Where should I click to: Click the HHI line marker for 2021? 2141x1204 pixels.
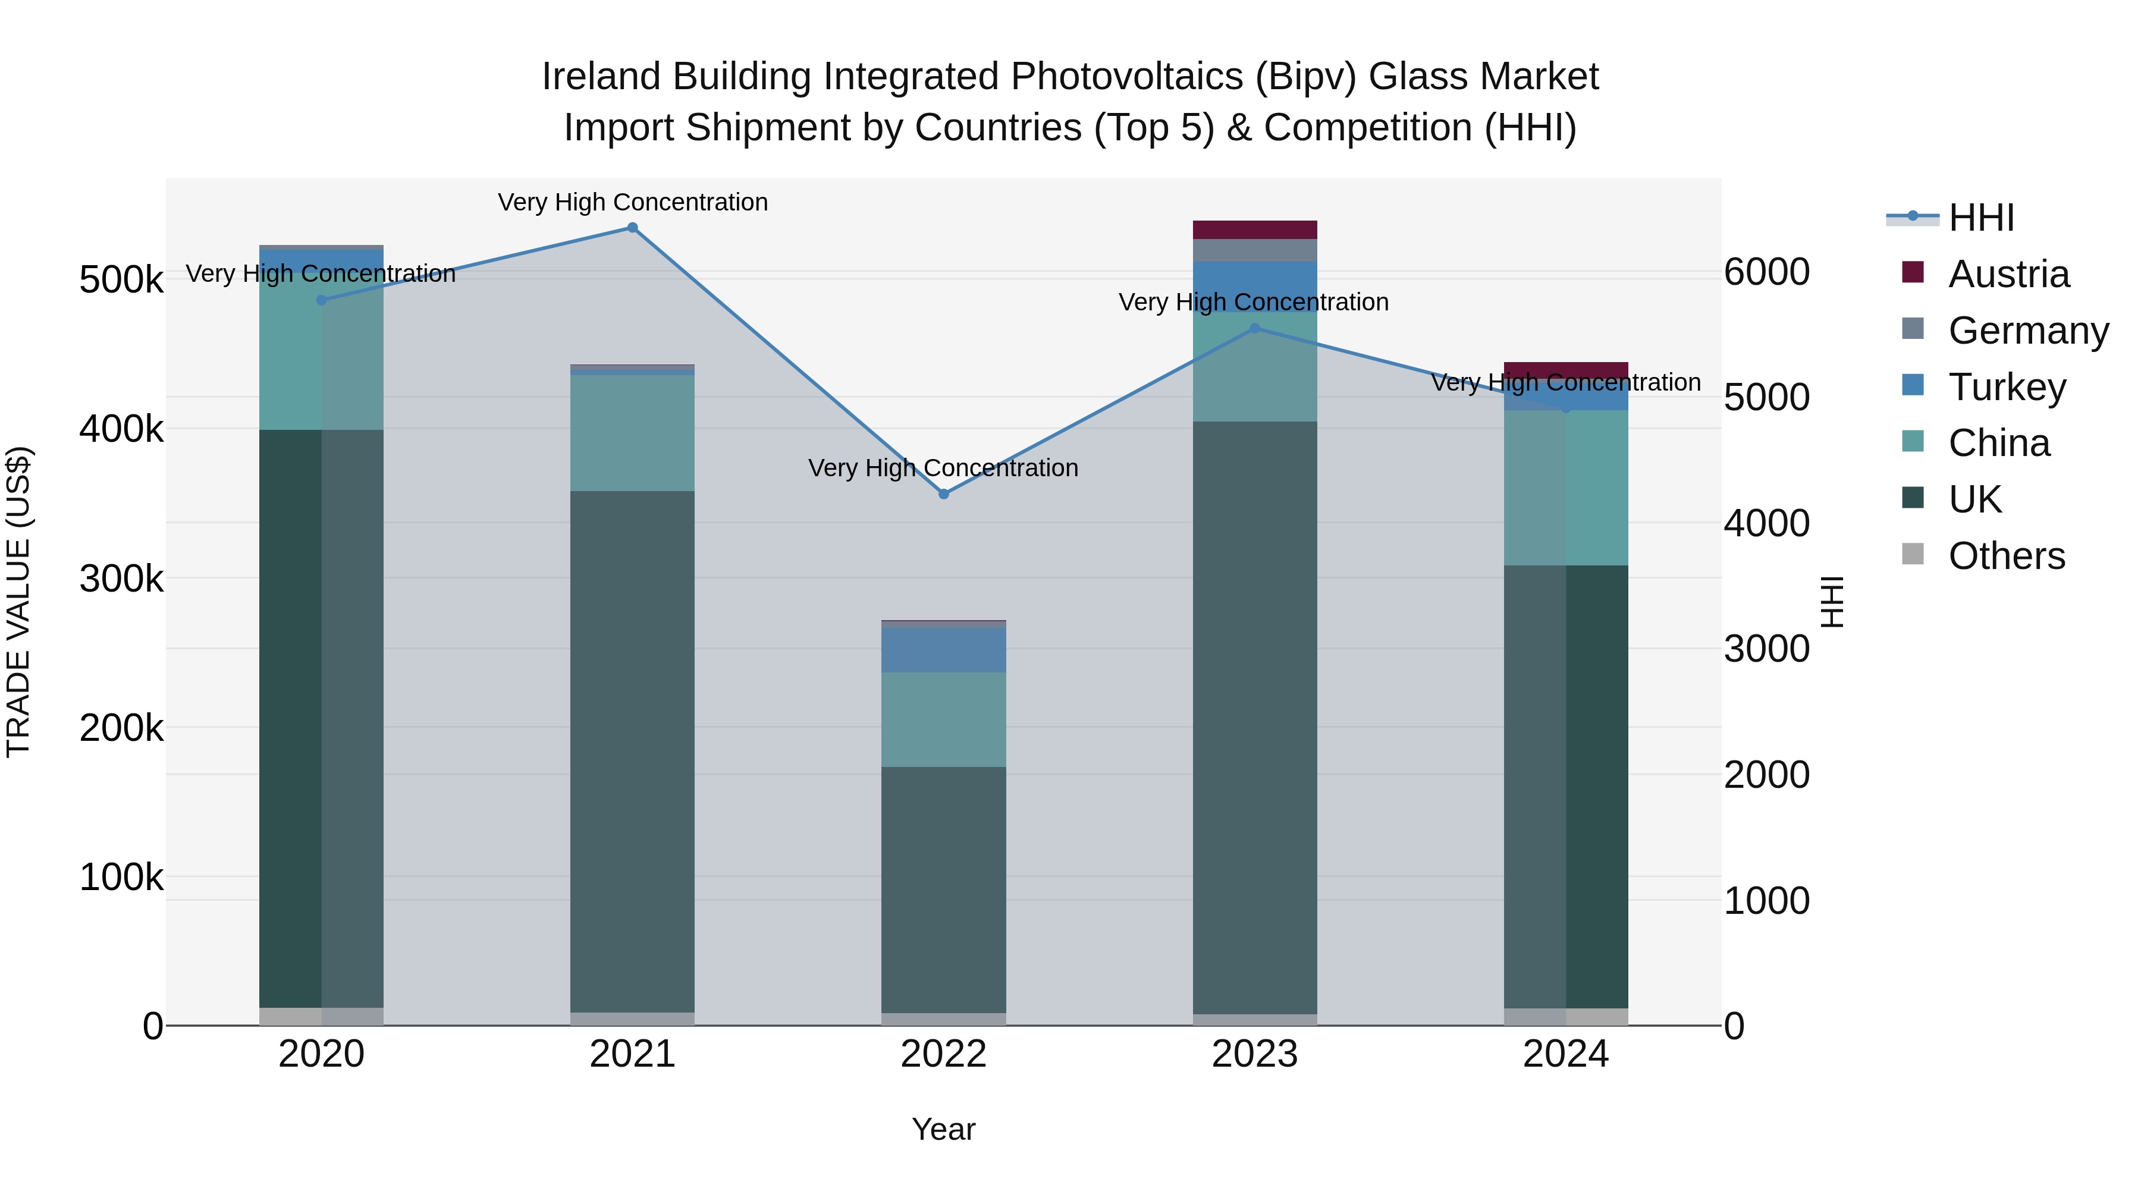(633, 228)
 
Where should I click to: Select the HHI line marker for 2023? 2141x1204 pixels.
(1255, 329)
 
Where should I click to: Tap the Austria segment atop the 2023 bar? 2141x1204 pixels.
(1255, 230)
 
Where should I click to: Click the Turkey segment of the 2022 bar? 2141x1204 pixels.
(943, 650)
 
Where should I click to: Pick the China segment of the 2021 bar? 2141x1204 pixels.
(633, 433)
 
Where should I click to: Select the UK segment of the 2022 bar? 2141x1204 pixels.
(943, 889)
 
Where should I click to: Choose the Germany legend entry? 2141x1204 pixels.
(2028, 331)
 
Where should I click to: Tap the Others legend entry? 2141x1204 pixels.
(2007, 556)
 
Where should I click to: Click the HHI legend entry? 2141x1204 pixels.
(1980, 218)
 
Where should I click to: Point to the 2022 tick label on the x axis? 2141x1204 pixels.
(943, 1054)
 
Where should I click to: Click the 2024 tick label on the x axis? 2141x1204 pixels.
(1566, 1054)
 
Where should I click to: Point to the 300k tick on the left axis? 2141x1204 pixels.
(121, 579)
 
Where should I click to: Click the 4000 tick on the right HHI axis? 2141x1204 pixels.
(1766, 523)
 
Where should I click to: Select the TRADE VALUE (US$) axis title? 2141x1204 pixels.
(18, 602)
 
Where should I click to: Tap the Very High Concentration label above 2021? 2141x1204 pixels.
(633, 202)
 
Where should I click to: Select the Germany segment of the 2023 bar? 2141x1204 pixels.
(1255, 250)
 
